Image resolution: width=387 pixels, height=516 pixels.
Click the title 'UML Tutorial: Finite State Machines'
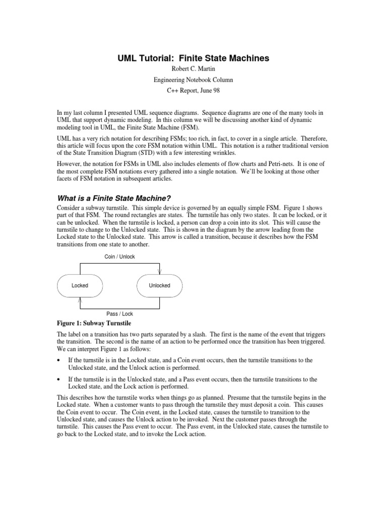click(193, 58)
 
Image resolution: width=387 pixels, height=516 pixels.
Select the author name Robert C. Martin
click(193, 70)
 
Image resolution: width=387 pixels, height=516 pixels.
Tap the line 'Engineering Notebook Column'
click(193, 80)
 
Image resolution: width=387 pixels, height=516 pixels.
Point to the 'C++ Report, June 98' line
click(193, 91)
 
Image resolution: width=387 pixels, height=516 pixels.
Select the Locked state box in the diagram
click(80, 286)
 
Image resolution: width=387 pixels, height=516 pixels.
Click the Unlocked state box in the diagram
click(159, 286)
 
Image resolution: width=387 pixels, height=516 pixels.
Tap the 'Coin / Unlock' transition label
click(119, 256)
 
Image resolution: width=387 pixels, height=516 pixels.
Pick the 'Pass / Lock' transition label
click(119, 314)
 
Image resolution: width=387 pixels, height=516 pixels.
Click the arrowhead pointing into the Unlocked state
click(160, 272)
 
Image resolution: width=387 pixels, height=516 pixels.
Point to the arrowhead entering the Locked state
click(80, 299)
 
